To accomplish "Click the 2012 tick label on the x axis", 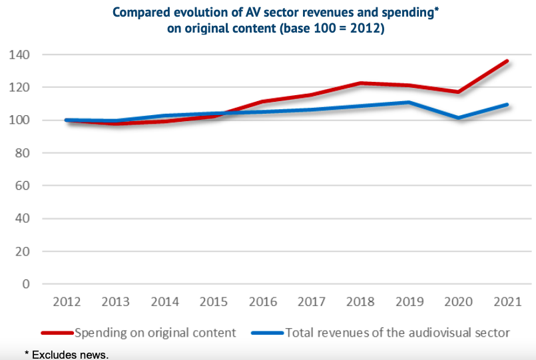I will (68, 301).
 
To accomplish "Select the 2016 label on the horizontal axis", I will (263, 301).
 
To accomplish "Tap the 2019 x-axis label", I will (409, 301).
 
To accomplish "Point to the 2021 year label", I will (507, 301).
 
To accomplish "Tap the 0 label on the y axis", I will (27, 284).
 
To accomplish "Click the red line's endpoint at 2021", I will (507, 61).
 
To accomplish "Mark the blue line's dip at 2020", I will (458, 118).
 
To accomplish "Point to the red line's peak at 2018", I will (360, 83).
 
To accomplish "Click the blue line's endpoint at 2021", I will (507, 104).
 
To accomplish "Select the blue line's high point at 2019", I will (409, 102).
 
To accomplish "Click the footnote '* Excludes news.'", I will (67, 355).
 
